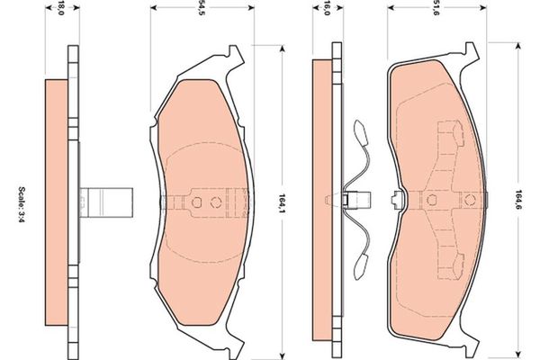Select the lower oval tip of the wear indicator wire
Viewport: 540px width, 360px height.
[362, 264]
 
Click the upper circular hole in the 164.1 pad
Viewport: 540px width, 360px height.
[200, 200]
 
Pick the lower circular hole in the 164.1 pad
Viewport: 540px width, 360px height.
[216, 200]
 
